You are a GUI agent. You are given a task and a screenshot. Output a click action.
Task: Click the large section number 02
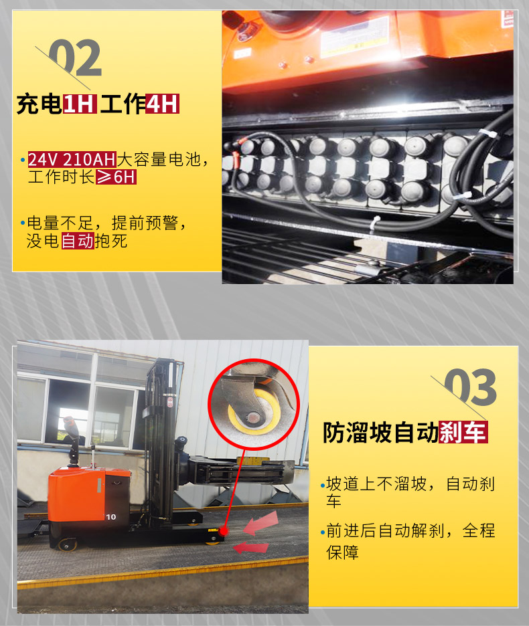click(x=75, y=59)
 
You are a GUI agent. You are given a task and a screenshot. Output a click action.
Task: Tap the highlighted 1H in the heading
click(x=80, y=104)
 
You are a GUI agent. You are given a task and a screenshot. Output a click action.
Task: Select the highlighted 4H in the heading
click(x=163, y=104)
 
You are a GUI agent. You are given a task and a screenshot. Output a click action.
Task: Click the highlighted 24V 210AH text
click(x=72, y=160)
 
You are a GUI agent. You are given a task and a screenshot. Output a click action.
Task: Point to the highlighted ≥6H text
click(x=115, y=177)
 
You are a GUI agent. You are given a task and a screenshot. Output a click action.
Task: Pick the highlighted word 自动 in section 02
click(x=78, y=241)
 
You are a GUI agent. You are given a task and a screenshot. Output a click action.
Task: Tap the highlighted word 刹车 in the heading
click(x=463, y=433)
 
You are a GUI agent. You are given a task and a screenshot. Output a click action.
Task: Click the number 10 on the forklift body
click(x=110, y=516)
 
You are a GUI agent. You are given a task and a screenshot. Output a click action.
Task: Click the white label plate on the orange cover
click(x=354, y=37)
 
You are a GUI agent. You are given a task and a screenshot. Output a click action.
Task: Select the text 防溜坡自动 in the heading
click(x=380, y=433)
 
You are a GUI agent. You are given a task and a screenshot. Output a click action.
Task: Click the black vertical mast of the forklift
click(x=161, y=441)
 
